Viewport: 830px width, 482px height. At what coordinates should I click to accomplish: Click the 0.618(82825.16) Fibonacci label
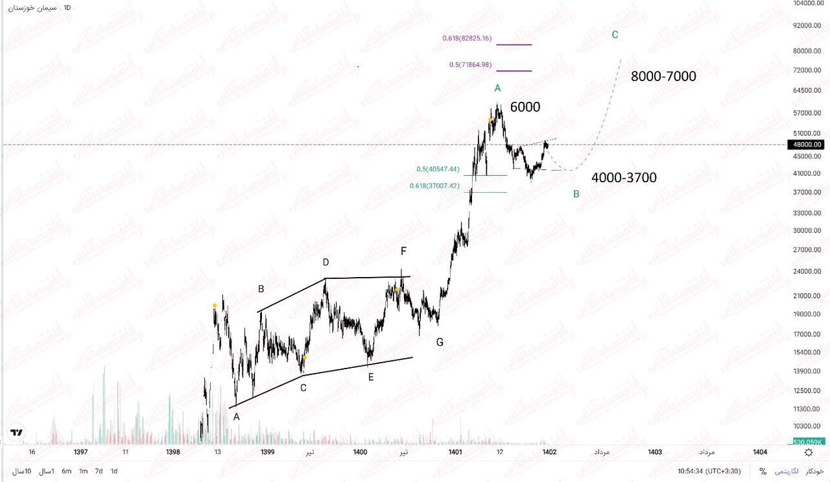(x=467, y=38)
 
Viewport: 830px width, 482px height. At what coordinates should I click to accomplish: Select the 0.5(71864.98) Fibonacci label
(x=470, y=65)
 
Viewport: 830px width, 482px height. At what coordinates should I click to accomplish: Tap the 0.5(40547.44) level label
(x=438, y=169)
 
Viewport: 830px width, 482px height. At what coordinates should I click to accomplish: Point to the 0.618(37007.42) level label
(x=434, y=186)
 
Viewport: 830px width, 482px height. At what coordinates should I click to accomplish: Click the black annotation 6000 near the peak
(x=525, y=108)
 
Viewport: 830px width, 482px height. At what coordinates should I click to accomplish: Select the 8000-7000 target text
(x=663, y=77)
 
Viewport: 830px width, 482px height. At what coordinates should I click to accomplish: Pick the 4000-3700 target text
(x=624, y=178)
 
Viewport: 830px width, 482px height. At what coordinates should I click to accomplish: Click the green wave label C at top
(x=615, y=35)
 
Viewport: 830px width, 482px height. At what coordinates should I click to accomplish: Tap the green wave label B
(x=576, y=193)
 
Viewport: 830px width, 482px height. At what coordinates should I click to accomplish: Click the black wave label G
(x=440, y=342)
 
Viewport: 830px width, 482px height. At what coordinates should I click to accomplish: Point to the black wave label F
(x=403, y=251)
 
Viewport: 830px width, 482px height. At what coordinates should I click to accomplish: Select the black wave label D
(x=326, y=263)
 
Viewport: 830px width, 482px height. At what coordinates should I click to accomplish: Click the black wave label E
(x=371, y=376)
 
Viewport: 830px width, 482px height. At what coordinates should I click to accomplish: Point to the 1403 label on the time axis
(x=655, y=452)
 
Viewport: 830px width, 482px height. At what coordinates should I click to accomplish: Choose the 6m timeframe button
(x=66, y=472)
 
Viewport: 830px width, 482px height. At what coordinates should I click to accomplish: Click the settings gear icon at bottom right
(x=809, y=452)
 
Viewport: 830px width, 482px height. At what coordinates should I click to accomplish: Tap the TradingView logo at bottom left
(x=17, y=433)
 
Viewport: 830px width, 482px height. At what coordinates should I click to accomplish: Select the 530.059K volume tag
(x=808, y=442)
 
